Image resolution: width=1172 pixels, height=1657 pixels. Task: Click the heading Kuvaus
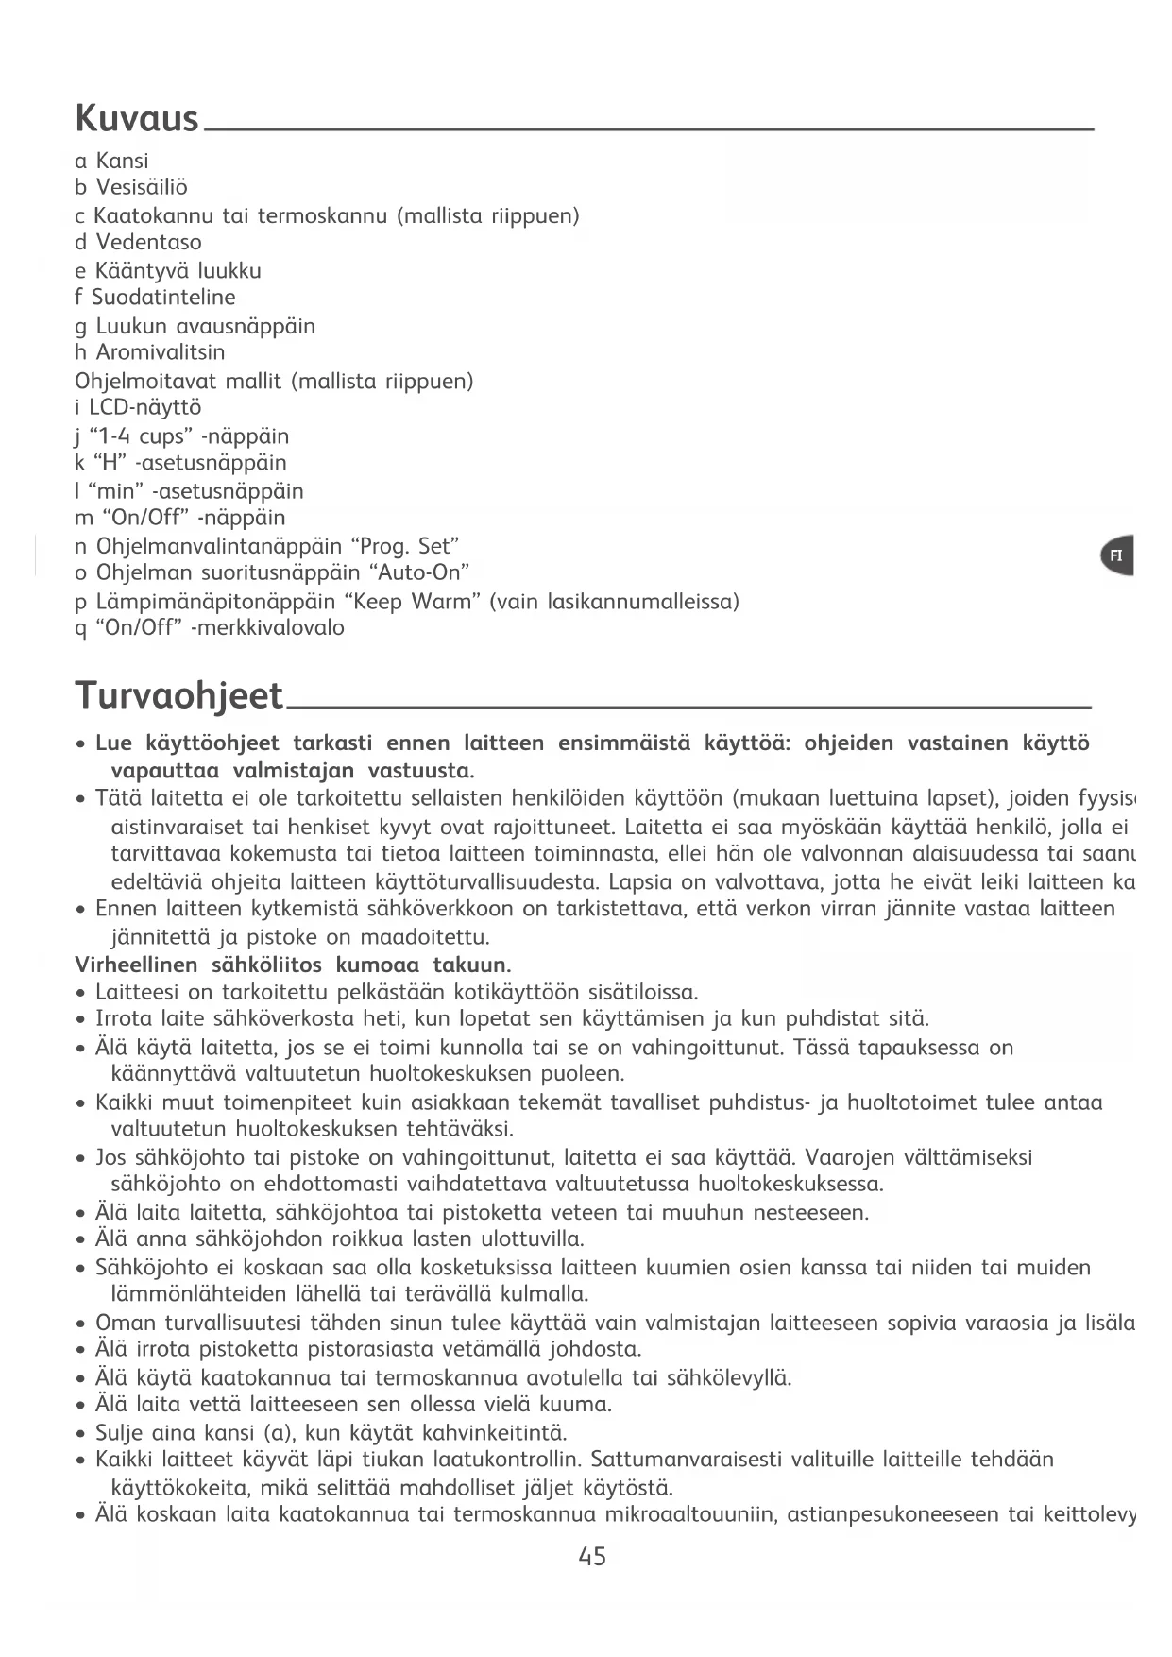[137, 119]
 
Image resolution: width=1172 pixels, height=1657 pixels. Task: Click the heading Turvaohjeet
[178, 695]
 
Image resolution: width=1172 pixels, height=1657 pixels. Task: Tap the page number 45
[592, 1557]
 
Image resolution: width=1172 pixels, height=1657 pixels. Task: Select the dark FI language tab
[1116, 555]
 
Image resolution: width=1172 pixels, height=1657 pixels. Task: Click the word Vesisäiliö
[142, 187]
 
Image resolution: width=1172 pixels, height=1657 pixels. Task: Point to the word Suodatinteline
[163, 298]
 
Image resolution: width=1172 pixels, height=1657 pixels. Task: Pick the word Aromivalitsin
[161, 352]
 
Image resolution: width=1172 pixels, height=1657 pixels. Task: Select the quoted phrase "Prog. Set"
[404, 546]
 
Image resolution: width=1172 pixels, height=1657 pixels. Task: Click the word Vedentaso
[148, 242]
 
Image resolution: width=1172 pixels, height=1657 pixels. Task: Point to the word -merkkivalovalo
[267, 628]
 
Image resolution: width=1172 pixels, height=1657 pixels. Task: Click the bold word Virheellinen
[136, 965]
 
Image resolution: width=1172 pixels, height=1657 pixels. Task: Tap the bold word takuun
[471, 965]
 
